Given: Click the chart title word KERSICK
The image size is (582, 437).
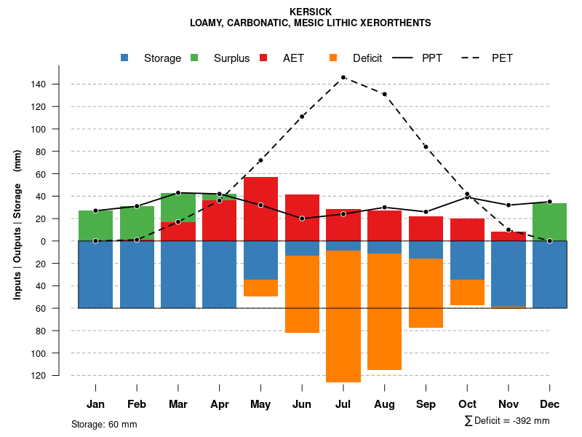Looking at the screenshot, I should coord(311,12).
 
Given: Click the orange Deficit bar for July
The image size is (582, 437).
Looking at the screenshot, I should coord(343,316).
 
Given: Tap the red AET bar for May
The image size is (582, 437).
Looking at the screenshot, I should coord(260,209).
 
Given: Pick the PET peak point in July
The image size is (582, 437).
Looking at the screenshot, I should coord(343,77).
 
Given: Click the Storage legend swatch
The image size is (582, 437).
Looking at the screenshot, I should coord(125,58).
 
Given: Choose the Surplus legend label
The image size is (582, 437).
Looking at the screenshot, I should coord(231,58).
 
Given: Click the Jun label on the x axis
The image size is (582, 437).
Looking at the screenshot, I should coord(302,404).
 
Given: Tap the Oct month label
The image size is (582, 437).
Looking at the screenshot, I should coord(467,404).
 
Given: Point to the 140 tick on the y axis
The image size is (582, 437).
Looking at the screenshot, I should coord(38,84).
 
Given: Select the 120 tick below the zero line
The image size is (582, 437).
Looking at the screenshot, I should coord(38,376).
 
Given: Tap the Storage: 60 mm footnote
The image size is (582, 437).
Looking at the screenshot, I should coord(104,424).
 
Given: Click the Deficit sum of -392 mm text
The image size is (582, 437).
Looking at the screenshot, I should coord(507,421).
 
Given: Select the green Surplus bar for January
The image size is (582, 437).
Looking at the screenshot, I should coord(95,225).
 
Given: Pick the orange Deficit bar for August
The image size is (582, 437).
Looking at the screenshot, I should coord(384,312).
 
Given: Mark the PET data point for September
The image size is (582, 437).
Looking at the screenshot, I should coord(426,147).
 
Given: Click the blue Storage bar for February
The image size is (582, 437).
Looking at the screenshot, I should coord(137,275).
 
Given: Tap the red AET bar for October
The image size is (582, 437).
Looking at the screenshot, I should coord(467,229).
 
